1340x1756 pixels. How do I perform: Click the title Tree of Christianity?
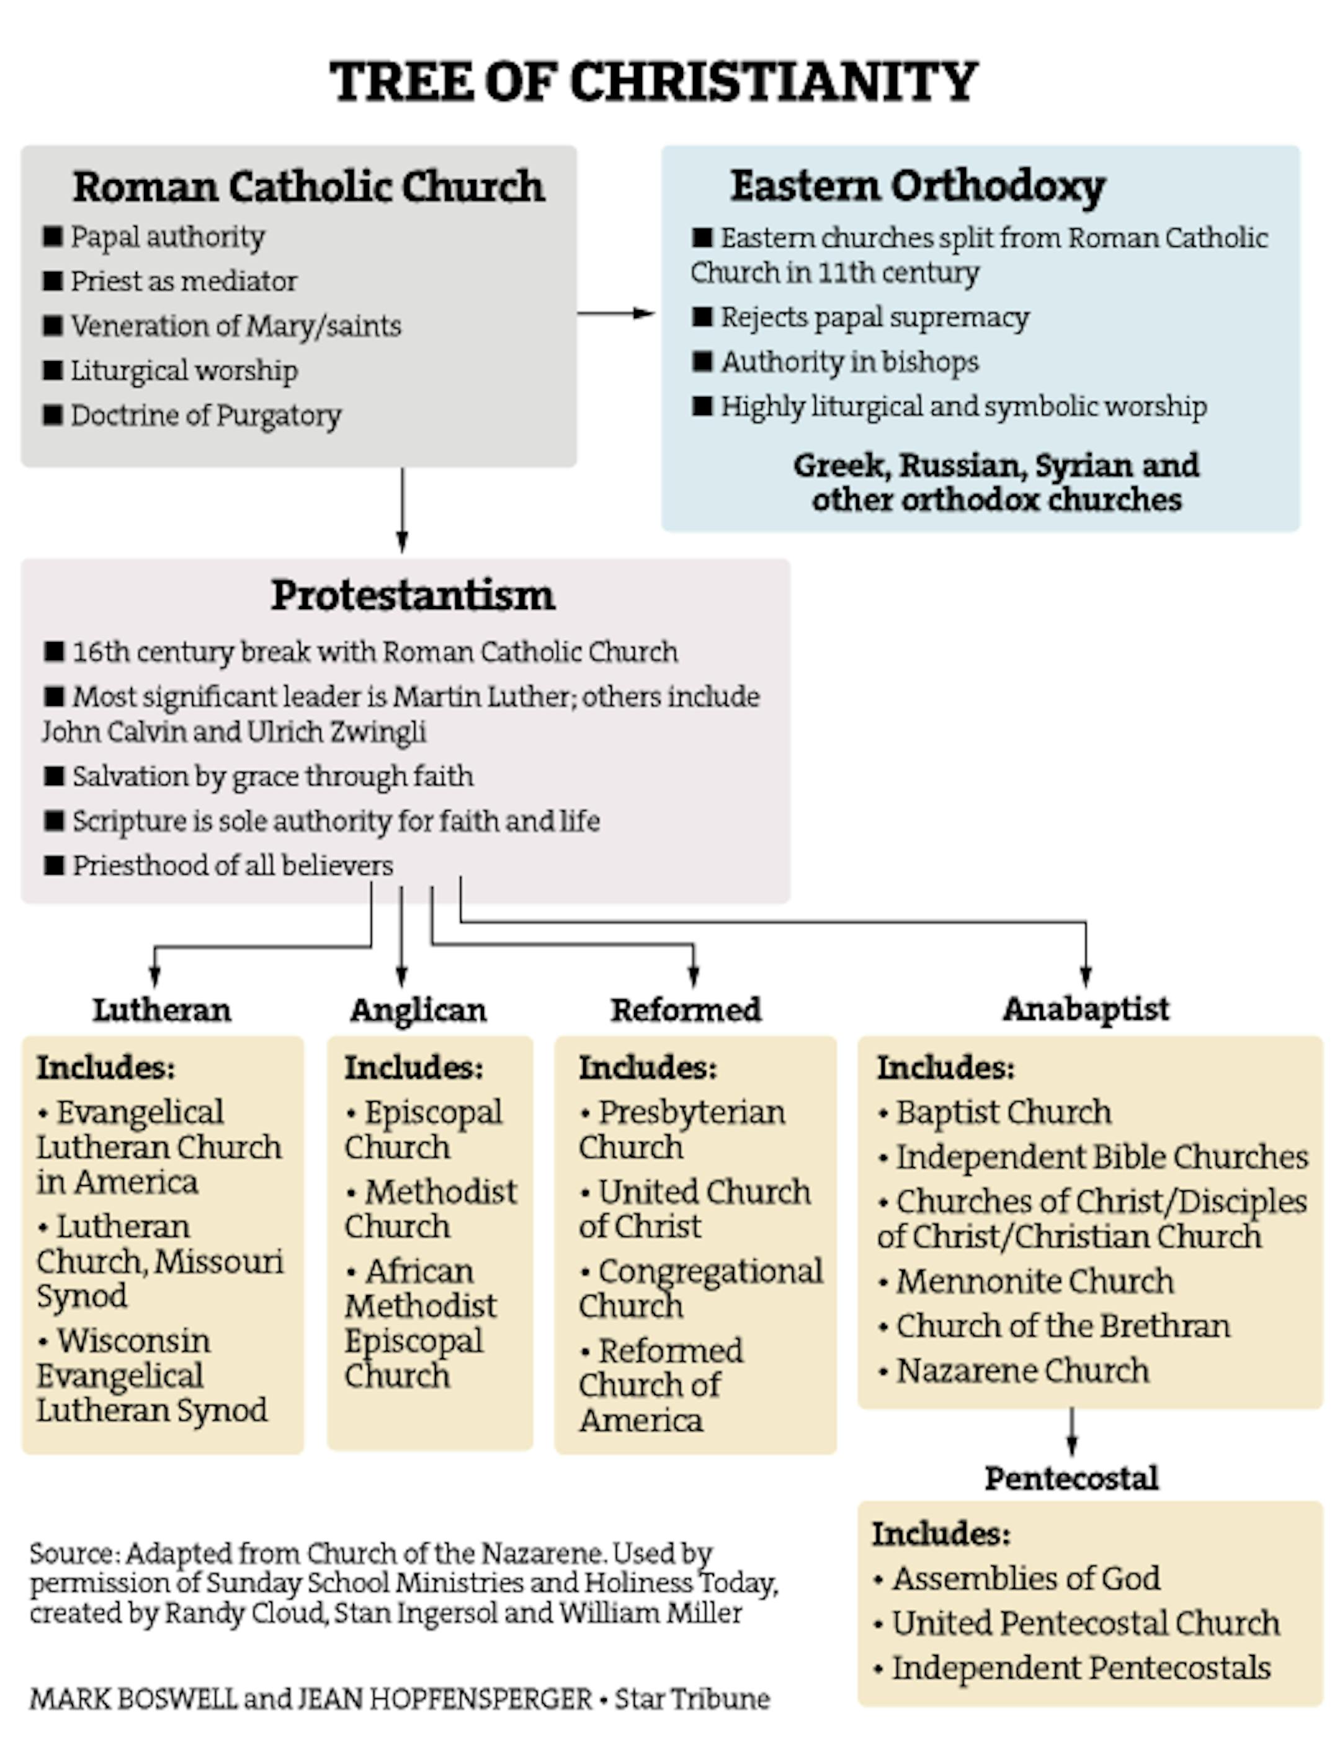coord(654,81)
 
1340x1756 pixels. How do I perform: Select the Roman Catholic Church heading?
coord(309,187)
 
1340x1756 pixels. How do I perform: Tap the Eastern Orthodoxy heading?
coord(918,187)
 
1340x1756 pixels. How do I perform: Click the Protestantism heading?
coord(413,595)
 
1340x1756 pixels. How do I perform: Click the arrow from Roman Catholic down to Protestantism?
coord(402,510)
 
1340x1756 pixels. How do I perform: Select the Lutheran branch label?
coord(162,1010)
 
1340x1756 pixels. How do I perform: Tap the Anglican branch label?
coord(418,1010)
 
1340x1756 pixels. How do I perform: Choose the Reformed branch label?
coord(686,1010)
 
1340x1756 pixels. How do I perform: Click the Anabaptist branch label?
coord(1086,1009)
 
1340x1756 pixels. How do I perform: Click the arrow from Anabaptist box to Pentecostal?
coord(1072,1432)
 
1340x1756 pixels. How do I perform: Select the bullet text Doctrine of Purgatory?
coord(206,416)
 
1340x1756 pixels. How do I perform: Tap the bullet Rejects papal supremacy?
coord(874,318)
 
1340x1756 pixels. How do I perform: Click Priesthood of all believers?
coord(232,866)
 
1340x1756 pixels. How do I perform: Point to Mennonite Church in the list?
coord(1035,1281)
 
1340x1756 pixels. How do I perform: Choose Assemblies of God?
coord(1025,1578)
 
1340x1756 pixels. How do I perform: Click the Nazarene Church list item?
coord(1022,1371)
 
